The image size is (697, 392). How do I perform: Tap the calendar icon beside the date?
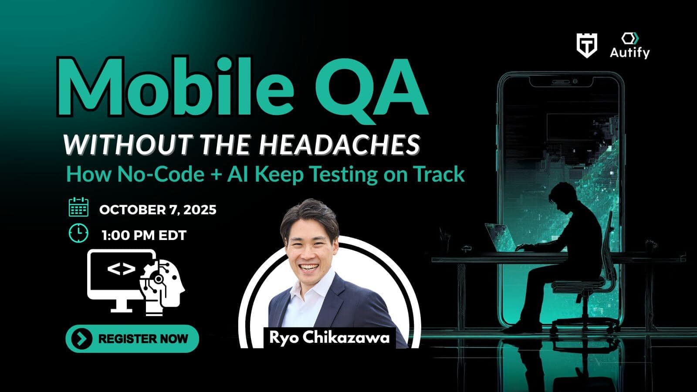[78, 207]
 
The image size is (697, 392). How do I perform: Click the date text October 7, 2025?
[158, 210]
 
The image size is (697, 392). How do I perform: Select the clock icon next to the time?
[78, 233]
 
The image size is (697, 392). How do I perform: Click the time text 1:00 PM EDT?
[144, 236]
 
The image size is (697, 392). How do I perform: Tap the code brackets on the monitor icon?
[122, 269]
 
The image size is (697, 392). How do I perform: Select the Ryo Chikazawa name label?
[329, 338]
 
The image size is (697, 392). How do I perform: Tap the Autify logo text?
[629, 53]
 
